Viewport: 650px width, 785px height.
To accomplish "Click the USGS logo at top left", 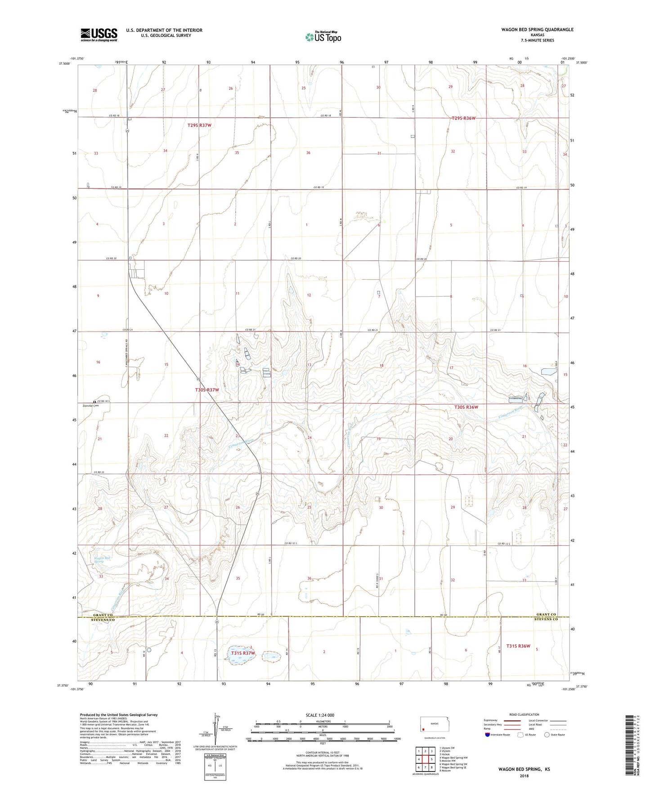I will click(99, 35).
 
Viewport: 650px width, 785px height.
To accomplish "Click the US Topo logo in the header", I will click(323, 37).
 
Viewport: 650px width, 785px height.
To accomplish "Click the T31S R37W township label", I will click(243, 653).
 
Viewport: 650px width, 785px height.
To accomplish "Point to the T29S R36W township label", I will click(463, 118).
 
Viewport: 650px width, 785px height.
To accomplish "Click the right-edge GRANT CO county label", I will click(547, 615).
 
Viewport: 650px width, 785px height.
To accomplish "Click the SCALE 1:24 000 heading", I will click(320, 715).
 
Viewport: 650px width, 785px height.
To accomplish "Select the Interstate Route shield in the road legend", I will click(488, 735).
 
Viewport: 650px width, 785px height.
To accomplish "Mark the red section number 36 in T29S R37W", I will click(308, 153).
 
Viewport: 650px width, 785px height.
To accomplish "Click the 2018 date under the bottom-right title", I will click(524, 776).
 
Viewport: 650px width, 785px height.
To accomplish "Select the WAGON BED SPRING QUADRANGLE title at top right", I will click(537, 30).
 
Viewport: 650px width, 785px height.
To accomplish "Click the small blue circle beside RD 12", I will click(149, 649).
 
